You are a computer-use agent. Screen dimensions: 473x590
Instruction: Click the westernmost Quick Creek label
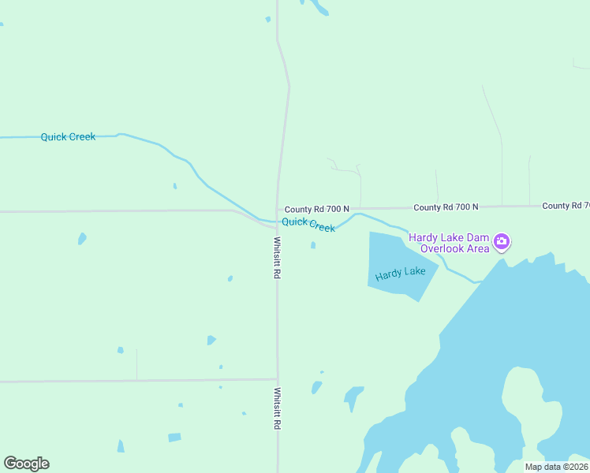68,137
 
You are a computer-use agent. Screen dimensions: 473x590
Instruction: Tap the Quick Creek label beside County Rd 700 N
308,225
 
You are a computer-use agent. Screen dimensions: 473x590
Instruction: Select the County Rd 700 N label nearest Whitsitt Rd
316,209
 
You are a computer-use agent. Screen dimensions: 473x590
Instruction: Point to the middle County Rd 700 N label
446,207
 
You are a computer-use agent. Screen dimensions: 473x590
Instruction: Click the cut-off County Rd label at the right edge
566,206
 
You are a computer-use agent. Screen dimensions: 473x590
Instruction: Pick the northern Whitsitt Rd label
278,258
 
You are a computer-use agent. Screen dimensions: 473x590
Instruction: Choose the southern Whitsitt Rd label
278,407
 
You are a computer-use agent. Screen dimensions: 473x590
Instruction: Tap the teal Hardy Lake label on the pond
401,274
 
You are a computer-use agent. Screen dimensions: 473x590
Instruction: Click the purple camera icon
502,242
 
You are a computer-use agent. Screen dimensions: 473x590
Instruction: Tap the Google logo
26,464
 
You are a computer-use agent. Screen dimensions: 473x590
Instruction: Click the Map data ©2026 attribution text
556,467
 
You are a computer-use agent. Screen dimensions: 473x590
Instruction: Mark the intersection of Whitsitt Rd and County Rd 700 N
277,210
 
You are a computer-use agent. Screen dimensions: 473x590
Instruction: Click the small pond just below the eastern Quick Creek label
313,245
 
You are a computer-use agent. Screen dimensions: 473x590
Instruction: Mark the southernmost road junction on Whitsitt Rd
277,380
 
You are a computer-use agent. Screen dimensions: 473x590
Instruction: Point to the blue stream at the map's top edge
319,8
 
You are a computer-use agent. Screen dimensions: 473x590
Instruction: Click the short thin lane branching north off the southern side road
136,364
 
